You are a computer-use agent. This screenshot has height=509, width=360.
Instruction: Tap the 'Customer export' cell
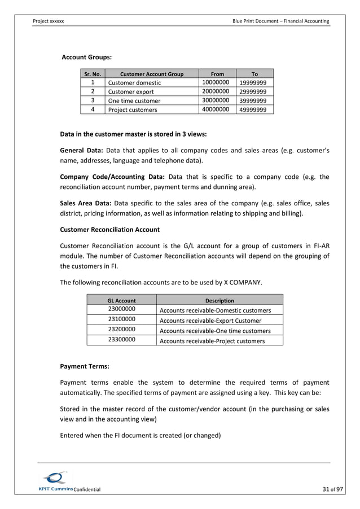131,92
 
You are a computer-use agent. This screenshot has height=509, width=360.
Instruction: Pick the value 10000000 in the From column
215,82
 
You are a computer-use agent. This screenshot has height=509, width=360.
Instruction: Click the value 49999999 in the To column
253,110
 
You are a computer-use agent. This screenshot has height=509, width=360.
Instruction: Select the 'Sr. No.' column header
91,73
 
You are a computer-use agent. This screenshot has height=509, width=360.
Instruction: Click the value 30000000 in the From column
215,100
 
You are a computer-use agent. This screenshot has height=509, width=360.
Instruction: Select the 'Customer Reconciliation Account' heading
109,230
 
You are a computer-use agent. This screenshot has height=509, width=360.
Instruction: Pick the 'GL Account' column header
121,300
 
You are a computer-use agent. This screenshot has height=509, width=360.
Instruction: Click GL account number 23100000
121,319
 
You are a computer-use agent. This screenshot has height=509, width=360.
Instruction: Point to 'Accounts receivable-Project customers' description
212,341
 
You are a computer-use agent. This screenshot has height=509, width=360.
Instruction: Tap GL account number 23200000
121,330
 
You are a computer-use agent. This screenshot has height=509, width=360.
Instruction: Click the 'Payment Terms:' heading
85,367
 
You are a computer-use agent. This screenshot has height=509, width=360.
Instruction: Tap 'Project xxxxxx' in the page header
49,21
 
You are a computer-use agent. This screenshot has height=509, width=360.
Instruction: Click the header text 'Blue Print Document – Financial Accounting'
280,21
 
